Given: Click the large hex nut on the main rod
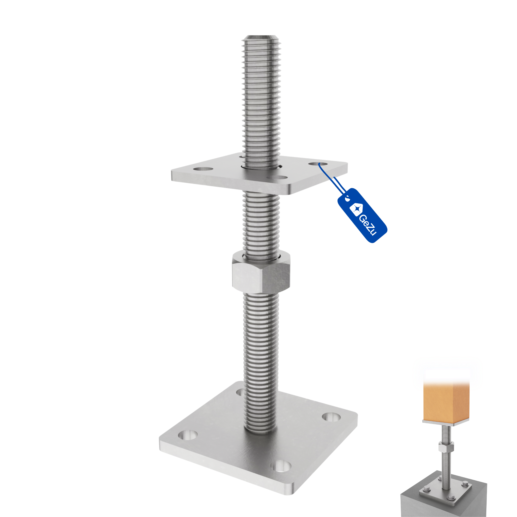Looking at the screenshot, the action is point(261,272).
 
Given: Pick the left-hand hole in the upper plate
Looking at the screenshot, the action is point(203,169).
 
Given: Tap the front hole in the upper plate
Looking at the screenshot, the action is point(278,178).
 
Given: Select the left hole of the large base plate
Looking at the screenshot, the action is point(188,435).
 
